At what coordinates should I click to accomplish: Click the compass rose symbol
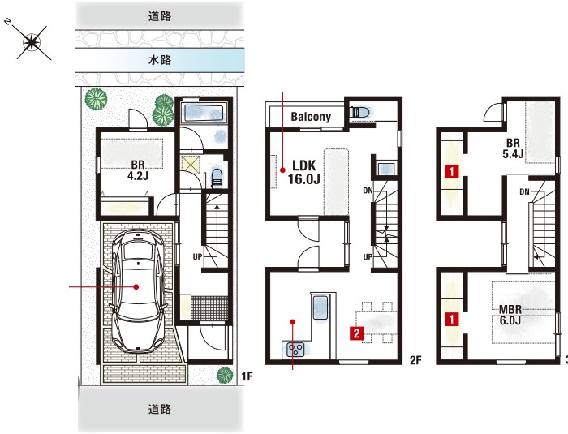point(32,43)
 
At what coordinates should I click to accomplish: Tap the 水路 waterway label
point(159,60)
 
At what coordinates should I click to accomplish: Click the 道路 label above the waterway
point(159,16)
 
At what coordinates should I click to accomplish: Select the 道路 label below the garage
point(159,410)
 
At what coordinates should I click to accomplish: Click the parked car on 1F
point(138,290)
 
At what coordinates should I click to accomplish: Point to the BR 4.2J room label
point(138,170)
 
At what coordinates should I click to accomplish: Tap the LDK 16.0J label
point(304,172)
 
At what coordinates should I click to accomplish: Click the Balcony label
point(311,117)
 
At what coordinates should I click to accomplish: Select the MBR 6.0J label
point(510,315)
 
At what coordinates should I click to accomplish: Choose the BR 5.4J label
point(513,148)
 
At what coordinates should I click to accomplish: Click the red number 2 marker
point(356,333)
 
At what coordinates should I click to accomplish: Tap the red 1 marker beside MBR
point(452,320)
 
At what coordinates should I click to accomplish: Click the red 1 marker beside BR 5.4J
point(452,171)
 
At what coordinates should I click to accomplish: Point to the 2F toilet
point(360,111)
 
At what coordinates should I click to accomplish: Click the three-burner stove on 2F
point(295,350)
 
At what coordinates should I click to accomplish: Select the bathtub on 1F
point(203,113)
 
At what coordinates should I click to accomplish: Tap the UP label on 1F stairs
point(197,257)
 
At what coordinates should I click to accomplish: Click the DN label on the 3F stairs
point(524,192)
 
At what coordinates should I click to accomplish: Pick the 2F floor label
point(415,359)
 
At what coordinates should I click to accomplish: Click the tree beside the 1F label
point(225,375)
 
